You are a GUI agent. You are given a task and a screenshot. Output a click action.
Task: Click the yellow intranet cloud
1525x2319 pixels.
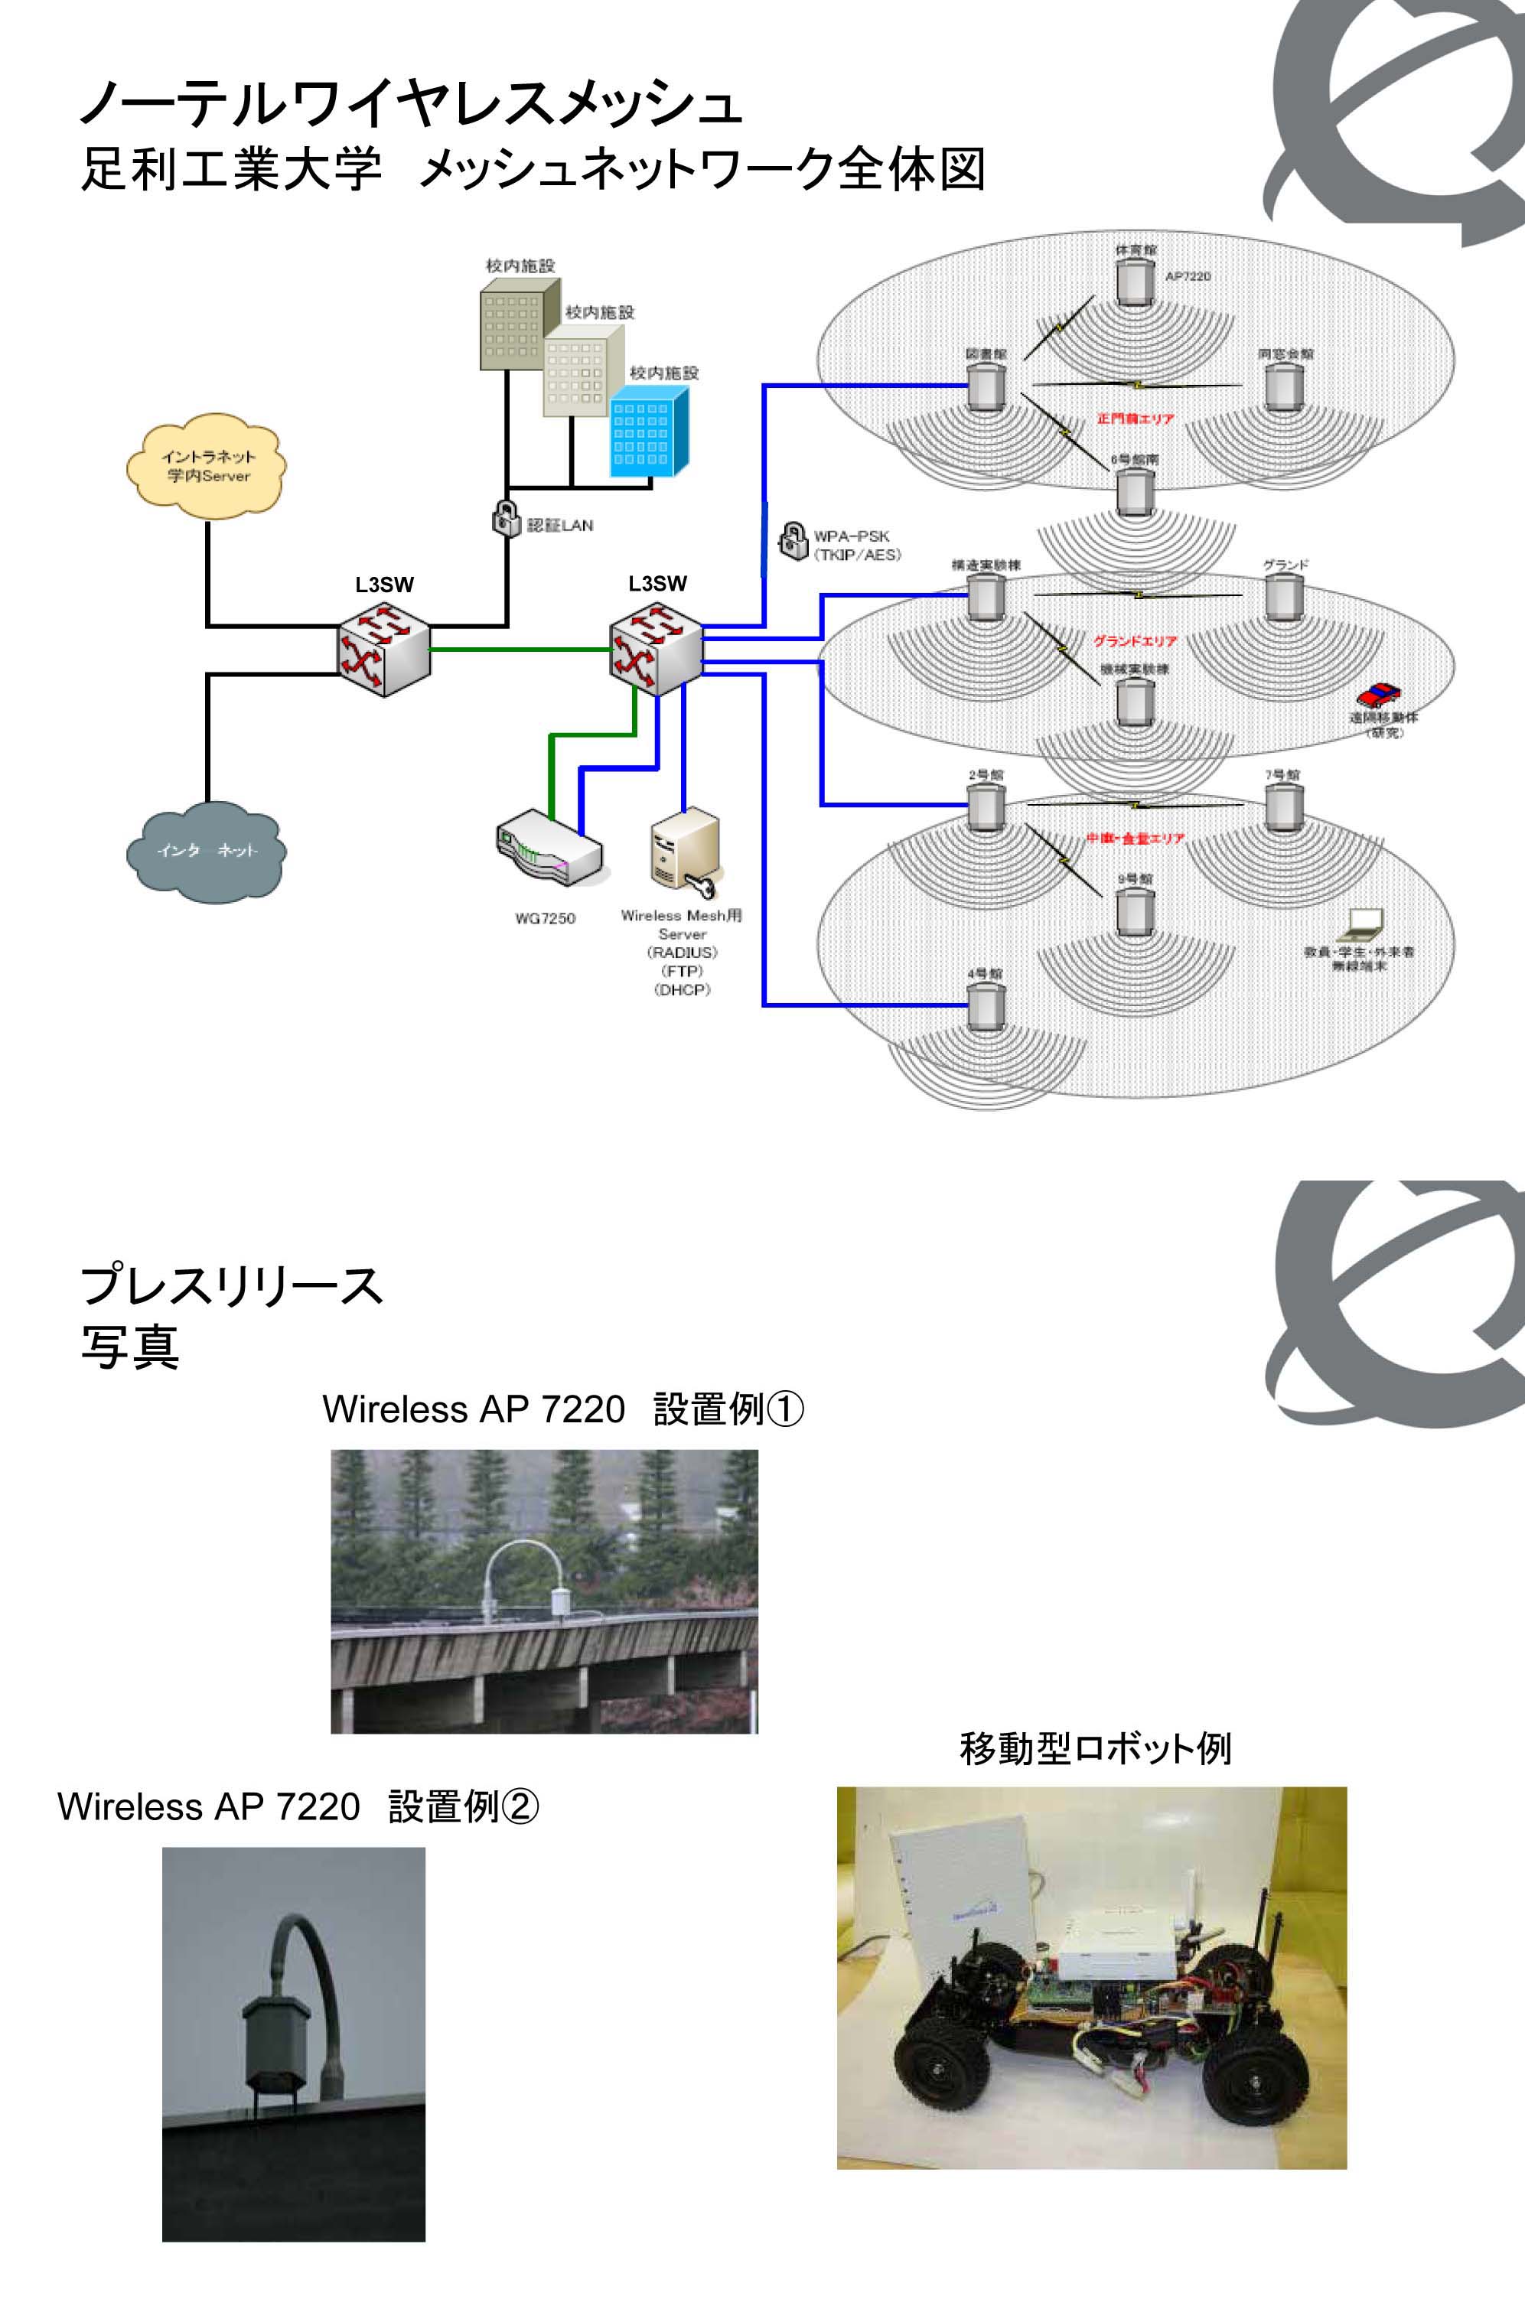(206, 466)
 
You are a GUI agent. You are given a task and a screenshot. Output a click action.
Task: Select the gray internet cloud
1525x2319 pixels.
(206, 851)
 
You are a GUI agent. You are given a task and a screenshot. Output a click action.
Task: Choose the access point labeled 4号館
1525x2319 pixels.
(985, 1005)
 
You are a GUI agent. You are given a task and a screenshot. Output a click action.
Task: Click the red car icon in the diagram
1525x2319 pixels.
(1378, 695)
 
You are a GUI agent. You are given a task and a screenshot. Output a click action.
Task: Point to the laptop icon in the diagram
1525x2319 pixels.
(1361, 923)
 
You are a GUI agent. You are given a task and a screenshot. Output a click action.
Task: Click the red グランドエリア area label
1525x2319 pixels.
(1134, 642)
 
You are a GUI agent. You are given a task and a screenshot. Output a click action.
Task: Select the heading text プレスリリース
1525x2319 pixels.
(232, 1285)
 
